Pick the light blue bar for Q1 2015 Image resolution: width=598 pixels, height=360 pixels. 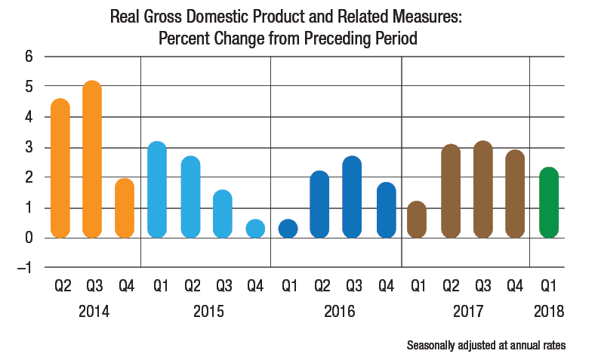click(157, 189)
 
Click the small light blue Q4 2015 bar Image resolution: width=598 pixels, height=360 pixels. click(255, 229)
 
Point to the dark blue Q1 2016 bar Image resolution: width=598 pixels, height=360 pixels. click(288, 229)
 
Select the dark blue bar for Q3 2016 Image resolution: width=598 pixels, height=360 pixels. click(352, 197)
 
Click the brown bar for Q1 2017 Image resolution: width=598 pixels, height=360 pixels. click(417, 220)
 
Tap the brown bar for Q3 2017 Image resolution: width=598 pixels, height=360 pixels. click(482, 189)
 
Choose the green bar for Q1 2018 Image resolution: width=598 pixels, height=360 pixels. click(549, 202)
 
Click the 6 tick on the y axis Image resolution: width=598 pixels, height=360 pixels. click(29, 57)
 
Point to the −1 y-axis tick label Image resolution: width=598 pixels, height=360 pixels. click(25, 268)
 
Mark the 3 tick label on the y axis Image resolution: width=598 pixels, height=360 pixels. click(29, 147)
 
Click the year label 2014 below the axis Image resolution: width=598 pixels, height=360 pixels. click(93, 311)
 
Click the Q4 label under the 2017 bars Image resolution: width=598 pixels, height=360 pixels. click(515, 288)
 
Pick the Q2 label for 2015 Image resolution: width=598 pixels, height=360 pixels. click(190, 288)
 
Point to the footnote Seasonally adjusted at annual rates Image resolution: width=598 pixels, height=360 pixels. click(485, 346)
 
